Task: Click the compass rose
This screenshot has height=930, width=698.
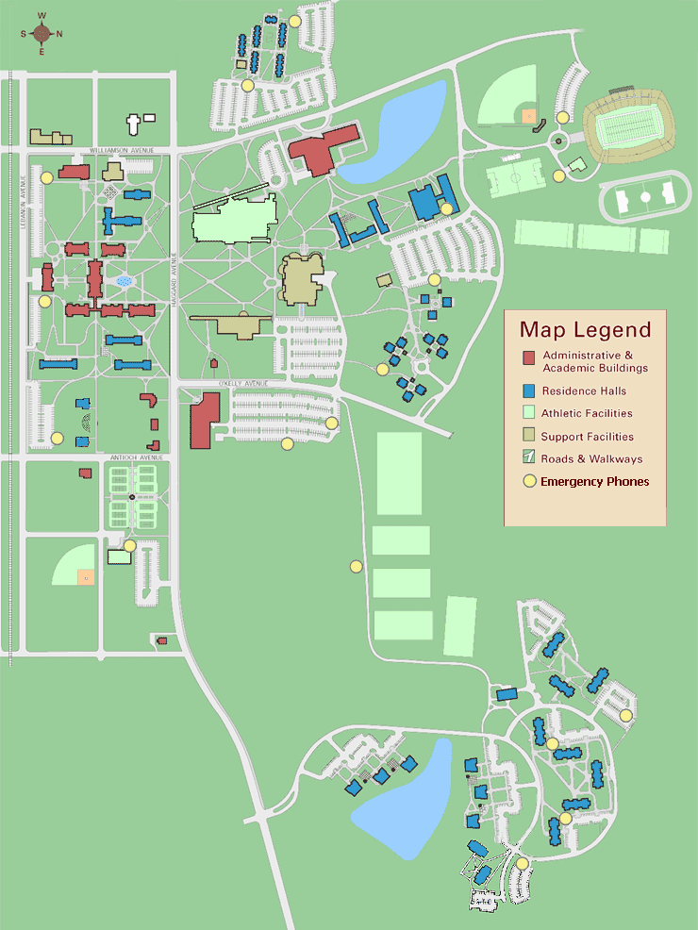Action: point(42,34)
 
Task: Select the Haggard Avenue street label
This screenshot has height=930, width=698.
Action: point(174,274)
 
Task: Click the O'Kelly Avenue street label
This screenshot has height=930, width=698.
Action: point(243,383)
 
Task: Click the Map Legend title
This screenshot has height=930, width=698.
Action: point(585,330)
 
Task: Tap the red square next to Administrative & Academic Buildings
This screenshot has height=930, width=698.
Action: point(529,357)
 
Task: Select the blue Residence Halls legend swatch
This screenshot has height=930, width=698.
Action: point(529,390)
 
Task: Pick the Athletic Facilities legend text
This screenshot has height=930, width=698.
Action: point(587,413)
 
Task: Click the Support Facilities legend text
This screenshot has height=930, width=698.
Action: point(588,437)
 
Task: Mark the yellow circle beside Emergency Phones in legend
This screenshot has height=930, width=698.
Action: point(529,482)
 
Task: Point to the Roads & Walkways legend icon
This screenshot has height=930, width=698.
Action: point(529,458)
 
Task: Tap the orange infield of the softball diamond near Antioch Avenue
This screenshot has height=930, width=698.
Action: point(86,575)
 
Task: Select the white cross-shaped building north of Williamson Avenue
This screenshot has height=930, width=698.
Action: point(134,122)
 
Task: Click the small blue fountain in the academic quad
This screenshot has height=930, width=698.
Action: point(123,281)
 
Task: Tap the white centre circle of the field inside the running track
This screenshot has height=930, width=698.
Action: point(645,198)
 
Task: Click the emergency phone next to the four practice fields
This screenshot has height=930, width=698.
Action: point(357,566)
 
